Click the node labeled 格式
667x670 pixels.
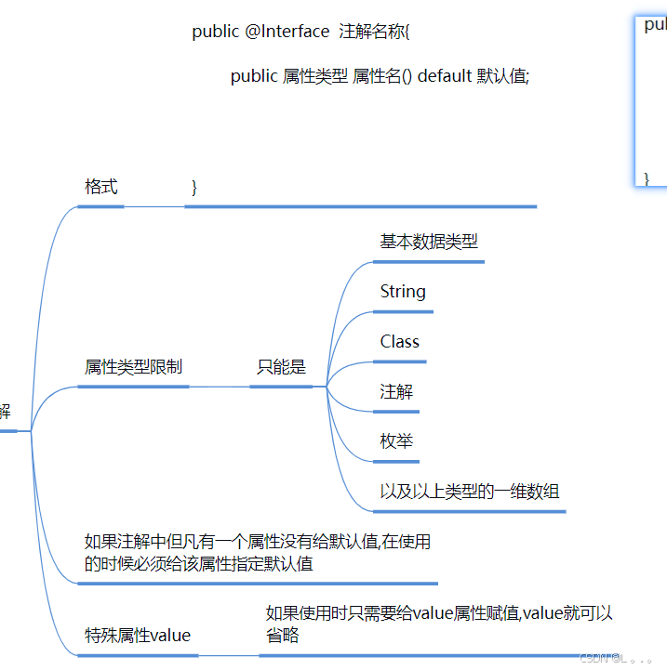101,187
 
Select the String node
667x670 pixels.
403,292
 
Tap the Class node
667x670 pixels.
400,342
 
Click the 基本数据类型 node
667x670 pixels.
429,242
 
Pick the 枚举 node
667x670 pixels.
396,441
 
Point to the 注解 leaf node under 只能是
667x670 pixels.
396,392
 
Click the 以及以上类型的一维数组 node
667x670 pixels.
470,492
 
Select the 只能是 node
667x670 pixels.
281,367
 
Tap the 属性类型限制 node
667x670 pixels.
133,367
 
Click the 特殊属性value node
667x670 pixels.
138,636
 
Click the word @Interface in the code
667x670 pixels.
287,32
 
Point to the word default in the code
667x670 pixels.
445,76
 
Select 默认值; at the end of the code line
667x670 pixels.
503,76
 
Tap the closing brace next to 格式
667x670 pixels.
194,187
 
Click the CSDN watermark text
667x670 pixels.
594,658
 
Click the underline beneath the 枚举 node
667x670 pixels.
396,461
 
